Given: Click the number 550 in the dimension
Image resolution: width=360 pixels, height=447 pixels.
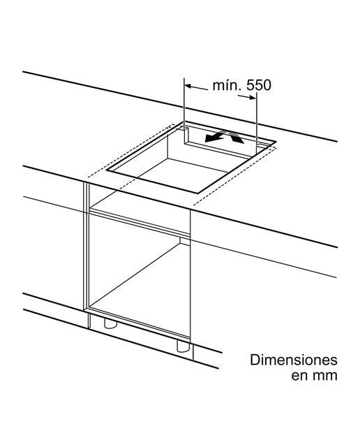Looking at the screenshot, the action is coord(259,85).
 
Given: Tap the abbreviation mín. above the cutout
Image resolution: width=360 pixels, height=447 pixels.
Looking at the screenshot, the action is coord(227,85).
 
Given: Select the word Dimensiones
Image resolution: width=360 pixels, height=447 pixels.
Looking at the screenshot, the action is coord(294,360).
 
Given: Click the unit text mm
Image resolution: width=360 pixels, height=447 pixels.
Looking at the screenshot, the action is coord(325,376).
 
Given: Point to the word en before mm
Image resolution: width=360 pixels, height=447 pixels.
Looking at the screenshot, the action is coord(299,376).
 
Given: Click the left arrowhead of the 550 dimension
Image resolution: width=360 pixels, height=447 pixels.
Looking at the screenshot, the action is coord(188,85).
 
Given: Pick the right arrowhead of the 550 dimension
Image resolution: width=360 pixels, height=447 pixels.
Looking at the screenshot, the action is coord(253,98).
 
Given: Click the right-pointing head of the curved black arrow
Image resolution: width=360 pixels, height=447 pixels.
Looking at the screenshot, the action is coord(238,139).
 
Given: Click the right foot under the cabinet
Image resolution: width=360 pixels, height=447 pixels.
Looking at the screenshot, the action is coord(183,346).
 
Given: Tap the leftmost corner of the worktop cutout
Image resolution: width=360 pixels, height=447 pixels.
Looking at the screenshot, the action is coord(106,170).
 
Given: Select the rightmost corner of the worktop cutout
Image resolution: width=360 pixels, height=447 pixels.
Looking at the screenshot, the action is coord(276,141).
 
